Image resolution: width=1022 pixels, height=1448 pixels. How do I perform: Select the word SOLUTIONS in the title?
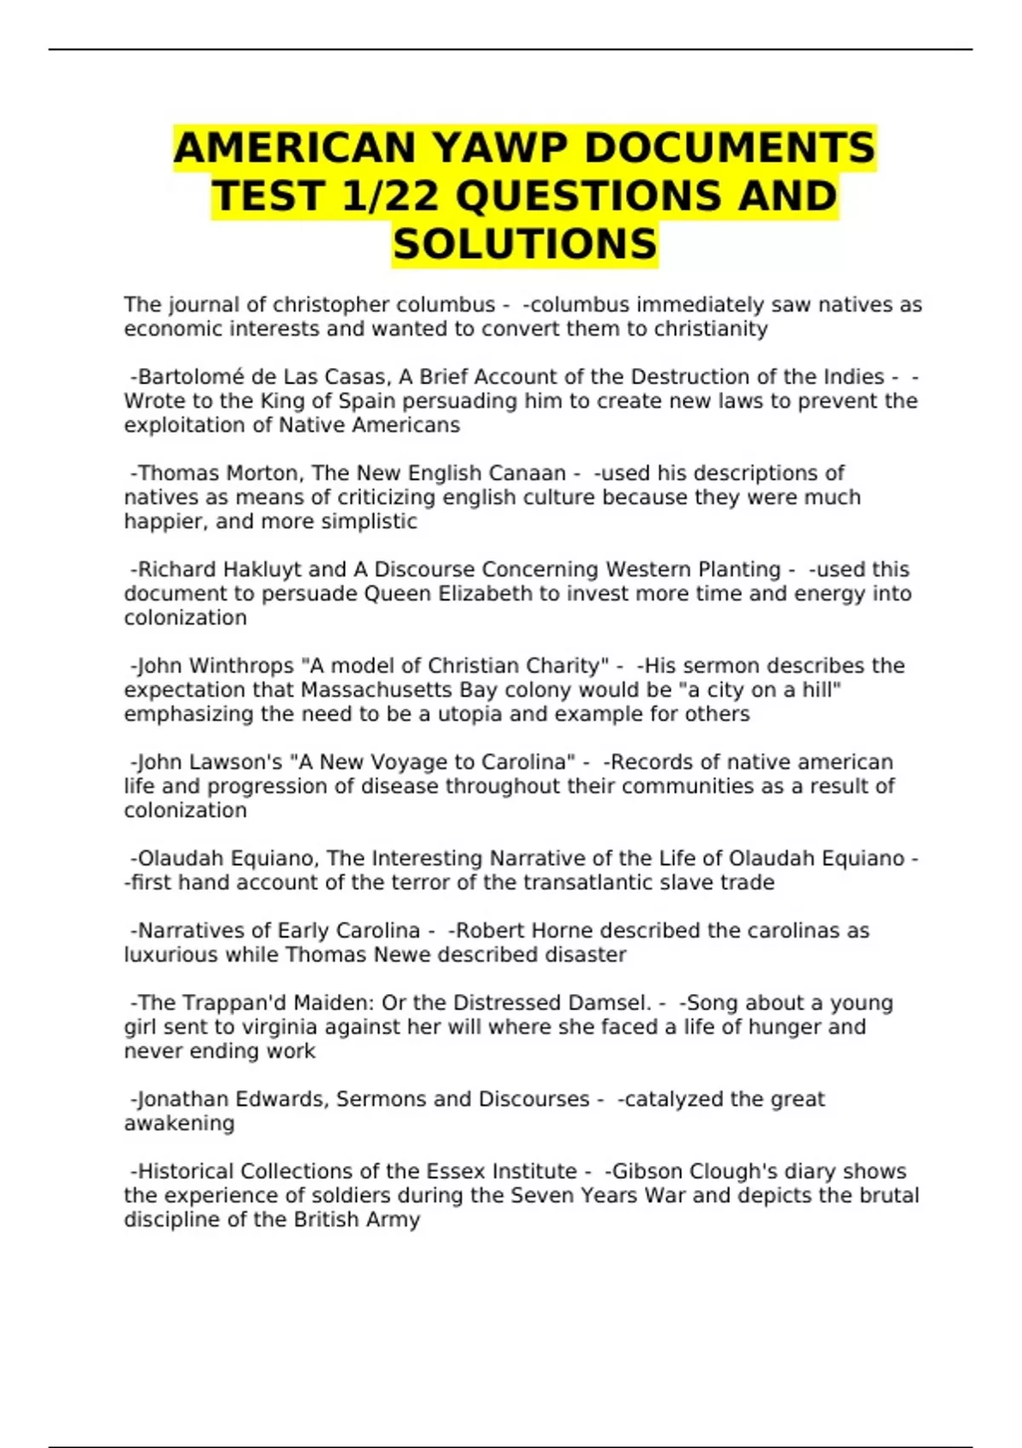pos(525,244)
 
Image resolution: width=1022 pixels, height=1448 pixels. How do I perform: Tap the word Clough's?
pos(725,1172)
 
